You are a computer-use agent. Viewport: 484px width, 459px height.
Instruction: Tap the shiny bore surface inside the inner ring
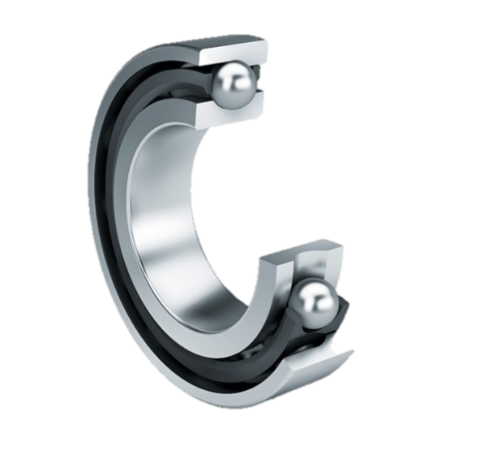tap(166, 235)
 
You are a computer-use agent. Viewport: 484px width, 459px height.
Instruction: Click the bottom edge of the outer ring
tap(227, 397)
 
